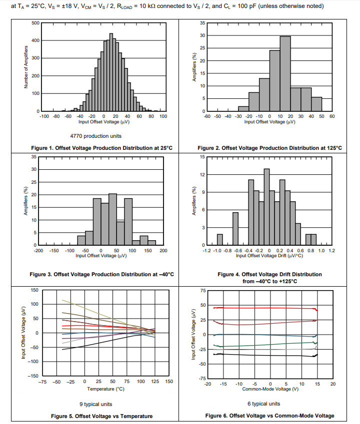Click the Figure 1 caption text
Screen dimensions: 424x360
coord(101,148)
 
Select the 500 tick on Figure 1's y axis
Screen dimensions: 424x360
coord(36,23)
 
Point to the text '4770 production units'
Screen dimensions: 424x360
coord(95,136)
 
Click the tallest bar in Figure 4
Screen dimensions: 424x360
coord(266,207)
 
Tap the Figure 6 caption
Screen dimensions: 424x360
coord(269,416)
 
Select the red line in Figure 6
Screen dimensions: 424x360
coord(265,308)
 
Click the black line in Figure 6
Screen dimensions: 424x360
coord(265,355)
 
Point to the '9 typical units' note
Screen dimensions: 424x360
coord(95,404)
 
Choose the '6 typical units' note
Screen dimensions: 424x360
coord(263,404)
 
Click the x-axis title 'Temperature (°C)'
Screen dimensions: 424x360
coord(105,389)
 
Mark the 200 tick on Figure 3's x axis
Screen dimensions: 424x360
coord(163,251)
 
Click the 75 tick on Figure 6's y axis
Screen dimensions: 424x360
coord(203,290)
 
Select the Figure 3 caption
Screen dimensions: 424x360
coord(101,274)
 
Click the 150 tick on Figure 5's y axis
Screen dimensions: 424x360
coord(35,290)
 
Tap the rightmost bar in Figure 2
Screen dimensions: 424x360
coord(316,104)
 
